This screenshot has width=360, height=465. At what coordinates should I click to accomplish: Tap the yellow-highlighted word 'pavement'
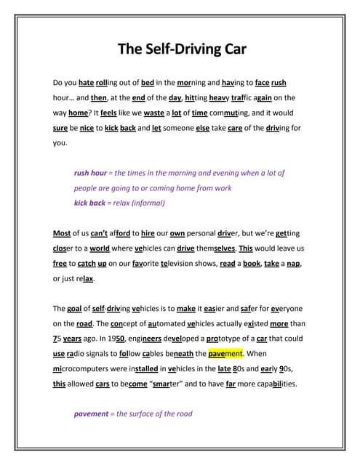tap(225, 354)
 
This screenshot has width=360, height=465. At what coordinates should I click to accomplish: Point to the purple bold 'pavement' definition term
tap(92, 413)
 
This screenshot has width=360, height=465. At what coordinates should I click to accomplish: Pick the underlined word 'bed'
tap(147, 83)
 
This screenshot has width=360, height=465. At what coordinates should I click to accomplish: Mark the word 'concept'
tap(109, 323)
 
